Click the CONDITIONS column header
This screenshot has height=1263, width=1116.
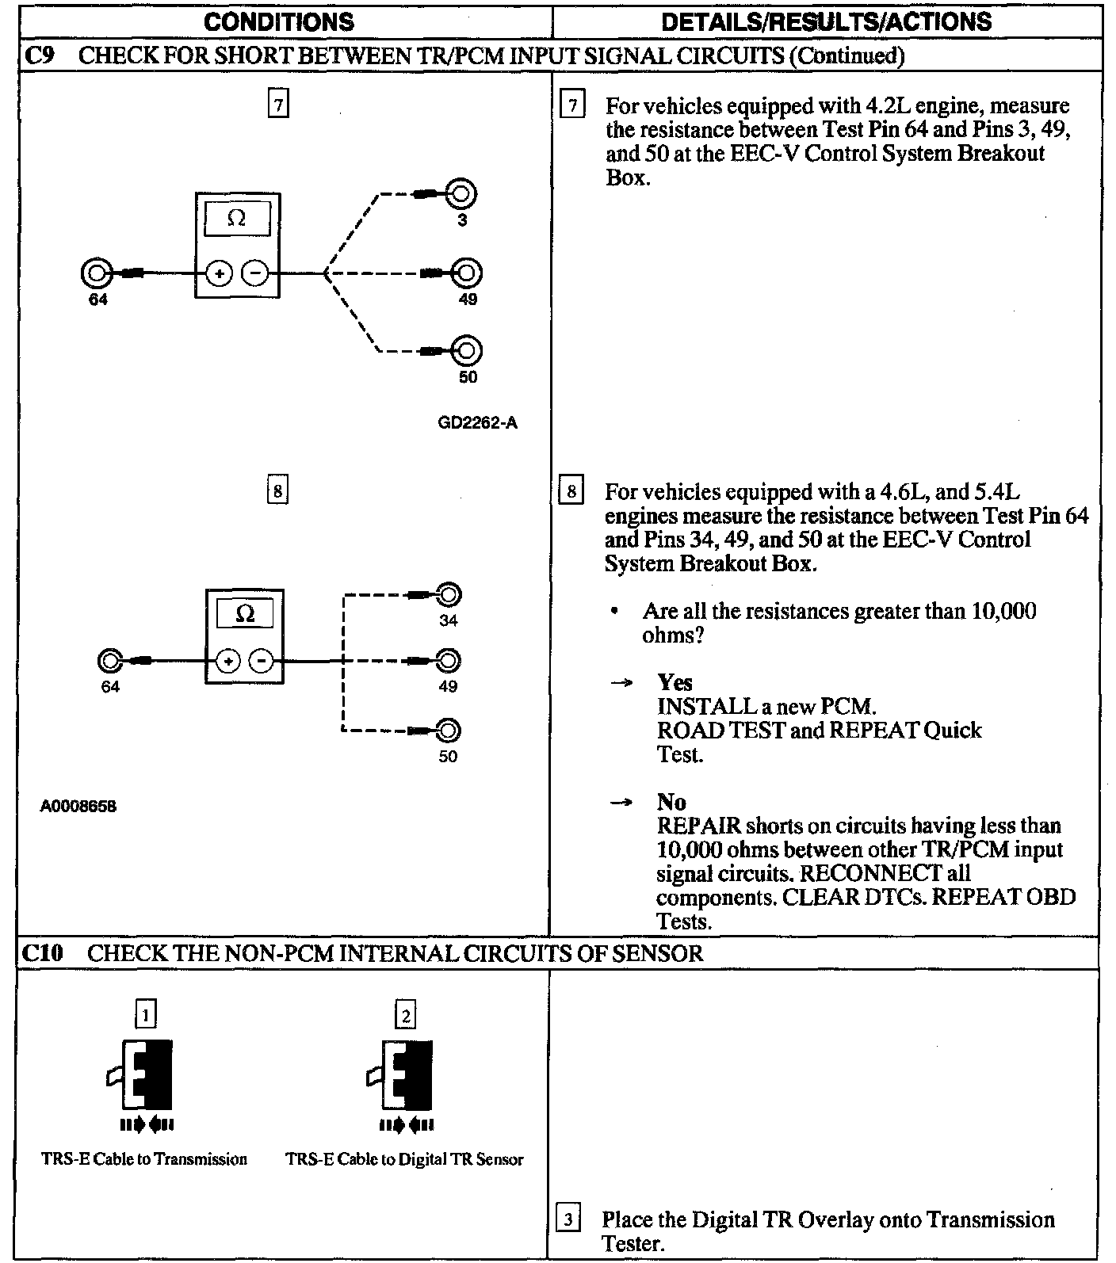[279, 21]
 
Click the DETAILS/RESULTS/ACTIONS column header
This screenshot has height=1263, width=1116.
[826, 21]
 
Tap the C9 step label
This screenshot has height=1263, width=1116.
[40, 56]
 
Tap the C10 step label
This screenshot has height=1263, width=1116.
[42, 952]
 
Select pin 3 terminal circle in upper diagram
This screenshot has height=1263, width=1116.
[462, 194]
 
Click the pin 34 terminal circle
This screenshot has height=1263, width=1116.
[449, 594]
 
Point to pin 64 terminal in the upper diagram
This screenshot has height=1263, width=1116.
[97, 273]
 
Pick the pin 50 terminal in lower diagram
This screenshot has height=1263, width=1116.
[449, 730]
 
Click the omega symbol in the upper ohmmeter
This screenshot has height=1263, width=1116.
[236, 219]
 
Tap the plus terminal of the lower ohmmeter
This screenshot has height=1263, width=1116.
[228, 660]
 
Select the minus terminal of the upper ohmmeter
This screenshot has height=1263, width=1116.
[255, 274]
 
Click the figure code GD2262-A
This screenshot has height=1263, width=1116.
[477, 422]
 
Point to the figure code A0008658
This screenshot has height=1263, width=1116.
[79, 807]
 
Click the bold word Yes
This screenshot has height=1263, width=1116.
[675, 682]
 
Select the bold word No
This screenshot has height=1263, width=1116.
[671, 802]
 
